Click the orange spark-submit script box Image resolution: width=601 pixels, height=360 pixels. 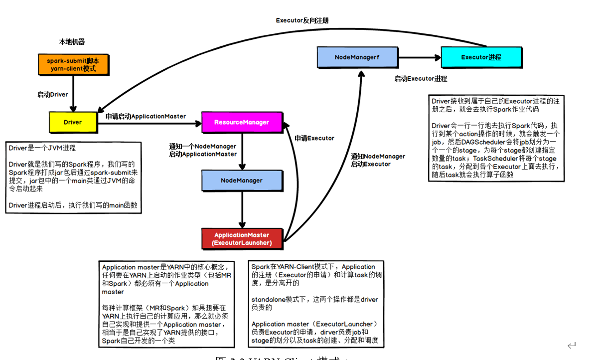73,64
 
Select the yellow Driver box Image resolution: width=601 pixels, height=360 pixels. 73,122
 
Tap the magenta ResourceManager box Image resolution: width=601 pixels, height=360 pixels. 242,122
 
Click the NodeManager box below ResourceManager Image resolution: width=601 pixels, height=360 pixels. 242,180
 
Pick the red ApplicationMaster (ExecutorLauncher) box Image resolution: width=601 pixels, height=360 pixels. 242,239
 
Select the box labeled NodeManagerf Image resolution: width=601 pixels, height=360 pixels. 357,57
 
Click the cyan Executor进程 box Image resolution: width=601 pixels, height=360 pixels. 481,57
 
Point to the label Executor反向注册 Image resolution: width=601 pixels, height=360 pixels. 302,20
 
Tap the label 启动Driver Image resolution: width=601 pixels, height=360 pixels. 52,94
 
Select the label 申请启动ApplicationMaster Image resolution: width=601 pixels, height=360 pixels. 146,116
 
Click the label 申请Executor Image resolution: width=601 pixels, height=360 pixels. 314,138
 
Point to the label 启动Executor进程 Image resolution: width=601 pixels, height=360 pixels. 421,79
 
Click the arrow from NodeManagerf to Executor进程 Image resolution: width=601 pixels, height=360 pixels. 419,57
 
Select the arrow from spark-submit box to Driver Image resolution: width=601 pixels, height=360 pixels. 73,93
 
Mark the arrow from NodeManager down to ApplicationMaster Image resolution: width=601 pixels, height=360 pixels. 242,209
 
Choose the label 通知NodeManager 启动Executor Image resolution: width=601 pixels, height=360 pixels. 378,160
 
